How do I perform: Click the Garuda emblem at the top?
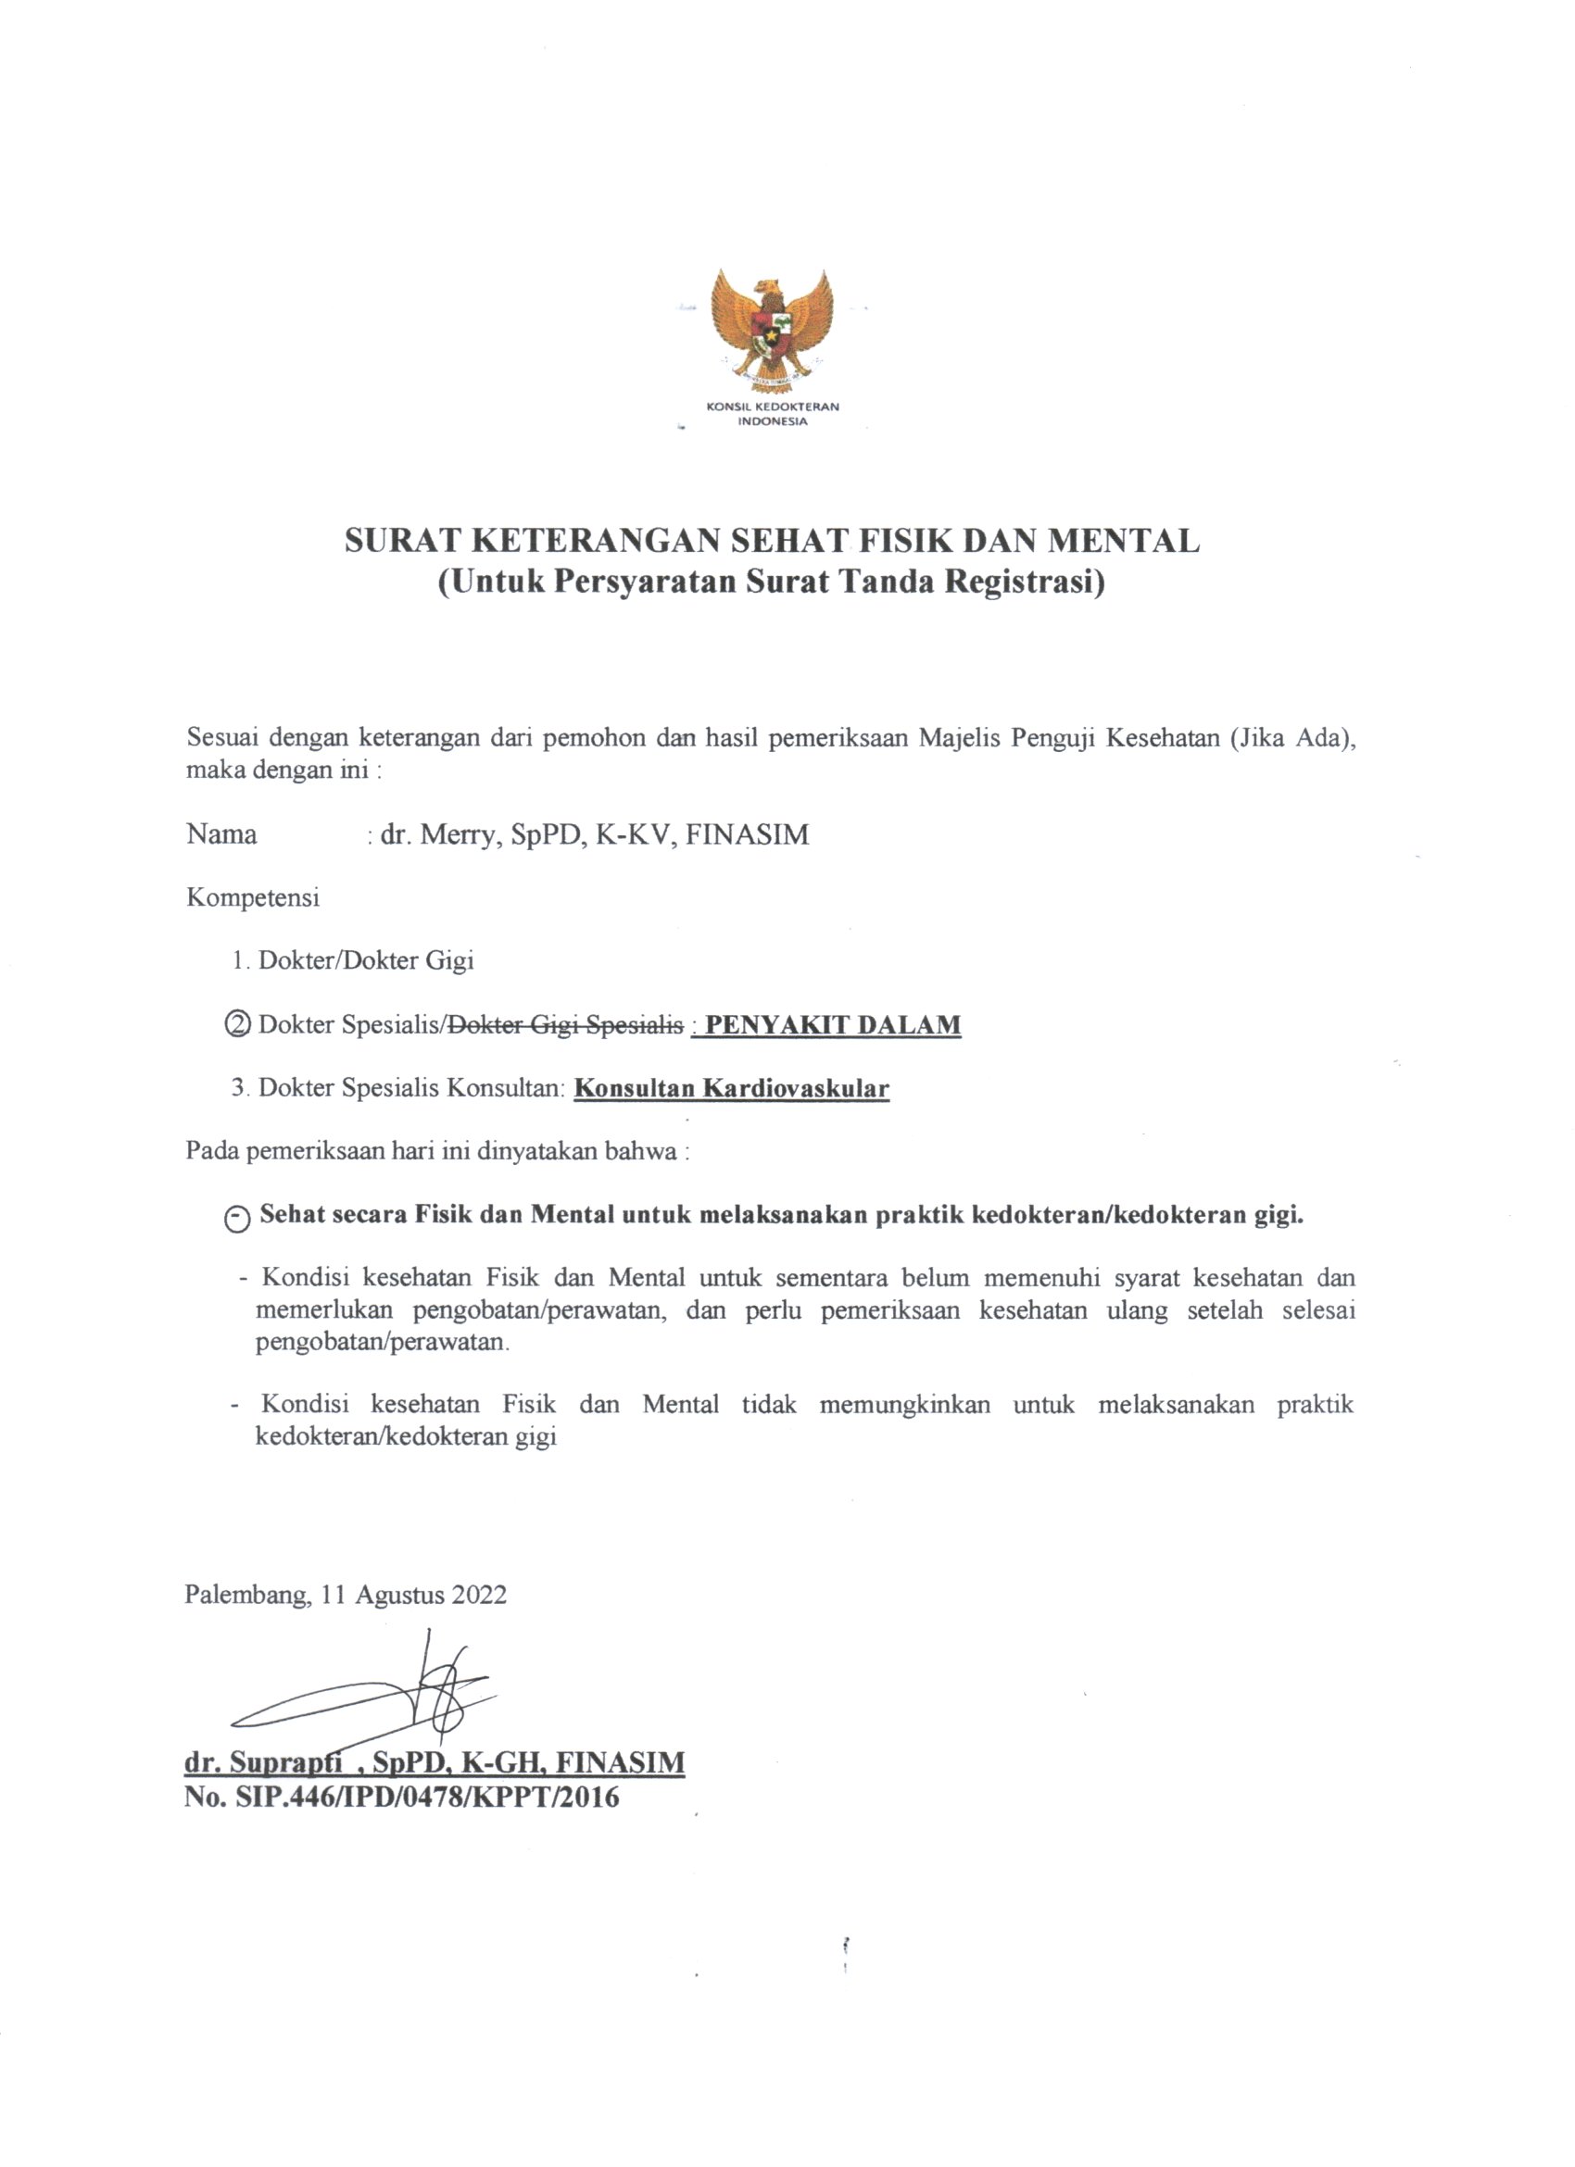click(772, 327)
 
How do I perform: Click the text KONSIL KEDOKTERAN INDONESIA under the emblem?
click(772, 413)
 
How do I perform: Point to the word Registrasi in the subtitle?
click(1025, 582)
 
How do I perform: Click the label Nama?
click(221, 834)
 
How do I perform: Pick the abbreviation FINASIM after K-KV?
click(748, 834)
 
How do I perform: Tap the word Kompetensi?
click(252, 897)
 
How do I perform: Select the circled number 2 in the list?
click(236, 1024)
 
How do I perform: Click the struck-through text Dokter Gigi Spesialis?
click(566, 1024)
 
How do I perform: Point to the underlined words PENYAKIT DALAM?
click(832, 1024)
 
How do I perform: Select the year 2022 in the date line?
click(479, 1595)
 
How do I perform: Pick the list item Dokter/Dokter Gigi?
click(366, 960)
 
